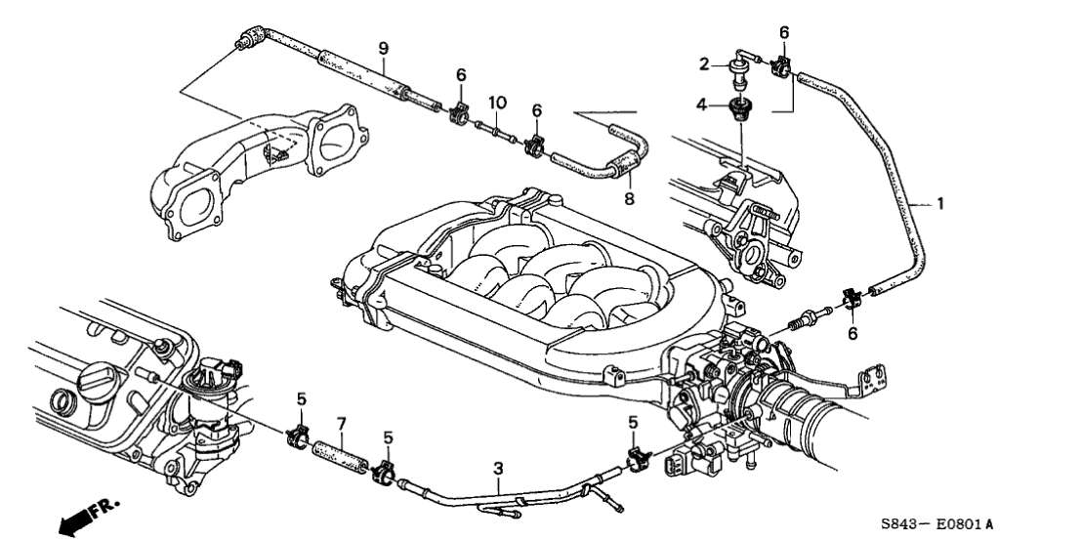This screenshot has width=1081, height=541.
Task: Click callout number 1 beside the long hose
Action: [939, 204]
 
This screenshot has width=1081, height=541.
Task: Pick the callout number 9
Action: [384, 48]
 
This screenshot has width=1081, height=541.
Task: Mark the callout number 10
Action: [497, 103]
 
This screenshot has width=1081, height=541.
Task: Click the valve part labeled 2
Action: [738, 68]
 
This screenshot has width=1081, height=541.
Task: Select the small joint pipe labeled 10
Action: [494, 127]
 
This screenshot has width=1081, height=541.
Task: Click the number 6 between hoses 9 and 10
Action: [460, 74]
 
